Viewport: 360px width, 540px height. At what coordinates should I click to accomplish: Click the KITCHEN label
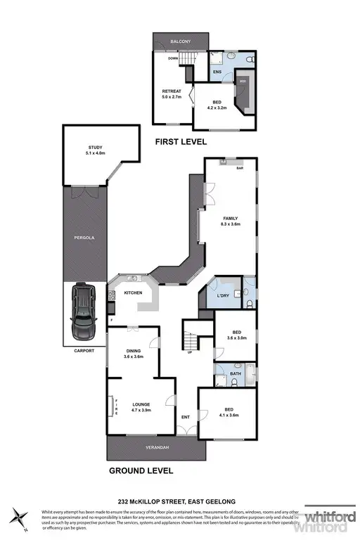[x=134, y=292]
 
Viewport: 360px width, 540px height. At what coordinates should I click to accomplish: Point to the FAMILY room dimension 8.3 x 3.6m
[x=231, y=226]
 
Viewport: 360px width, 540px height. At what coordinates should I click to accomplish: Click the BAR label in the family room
[x=239, y=169]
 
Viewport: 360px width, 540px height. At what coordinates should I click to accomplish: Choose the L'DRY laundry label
[x=224, y=296]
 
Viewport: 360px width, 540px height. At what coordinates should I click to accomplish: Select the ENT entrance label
[x=186, y=418]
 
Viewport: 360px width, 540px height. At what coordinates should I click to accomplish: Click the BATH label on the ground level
[x=226, y=373]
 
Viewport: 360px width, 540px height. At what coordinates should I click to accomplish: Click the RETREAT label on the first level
[x=172, y=91]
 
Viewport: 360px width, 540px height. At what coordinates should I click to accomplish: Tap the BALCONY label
[x=181, y=42]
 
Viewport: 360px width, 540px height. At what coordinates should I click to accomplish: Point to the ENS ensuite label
[x=217, y=71]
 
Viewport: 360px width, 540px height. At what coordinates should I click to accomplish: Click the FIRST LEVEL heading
[x=181, y=141]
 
